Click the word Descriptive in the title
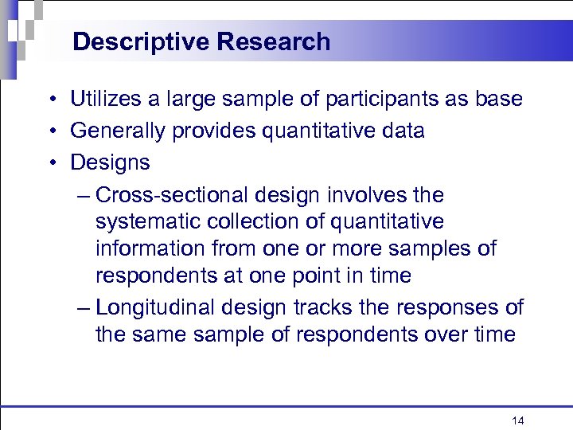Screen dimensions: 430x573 click(133, 41)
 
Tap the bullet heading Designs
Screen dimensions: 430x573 click(110, 163)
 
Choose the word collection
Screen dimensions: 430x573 click(249, 221)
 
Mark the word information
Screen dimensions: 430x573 click(150, 248)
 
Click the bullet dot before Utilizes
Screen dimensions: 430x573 click(50, 100)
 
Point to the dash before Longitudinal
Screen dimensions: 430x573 click(85, 308)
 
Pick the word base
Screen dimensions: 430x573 click(498, 100)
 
